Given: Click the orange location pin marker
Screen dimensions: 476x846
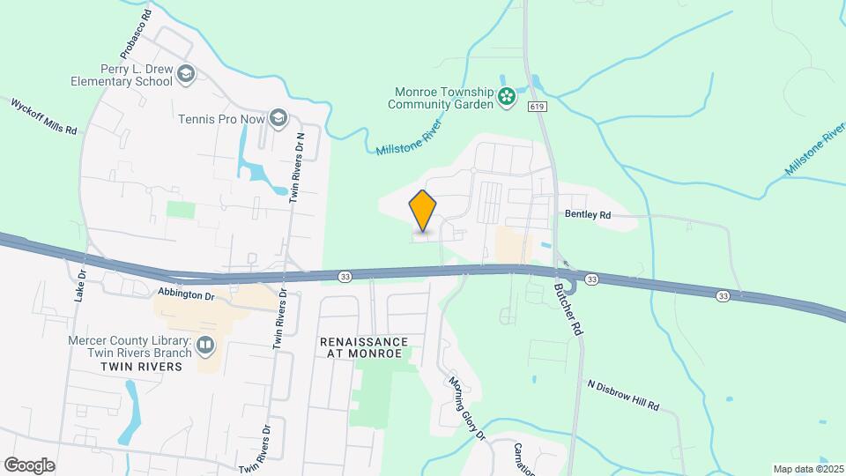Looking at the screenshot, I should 423,212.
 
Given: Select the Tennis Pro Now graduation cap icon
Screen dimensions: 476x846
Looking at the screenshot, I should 278,118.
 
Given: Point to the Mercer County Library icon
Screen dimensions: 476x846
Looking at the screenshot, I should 205,344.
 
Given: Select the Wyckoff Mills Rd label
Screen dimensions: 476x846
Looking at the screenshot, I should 44,115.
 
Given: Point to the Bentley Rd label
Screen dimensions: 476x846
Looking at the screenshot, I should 588,214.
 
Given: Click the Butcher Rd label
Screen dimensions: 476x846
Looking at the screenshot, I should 569,309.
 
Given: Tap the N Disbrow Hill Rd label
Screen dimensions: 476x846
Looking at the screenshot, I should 623,396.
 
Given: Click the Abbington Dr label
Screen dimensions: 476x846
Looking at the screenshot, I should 186,295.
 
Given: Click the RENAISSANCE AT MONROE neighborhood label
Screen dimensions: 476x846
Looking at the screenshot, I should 364,347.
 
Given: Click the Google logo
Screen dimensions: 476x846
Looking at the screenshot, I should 29,465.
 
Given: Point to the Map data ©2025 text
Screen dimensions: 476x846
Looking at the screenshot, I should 807,469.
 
